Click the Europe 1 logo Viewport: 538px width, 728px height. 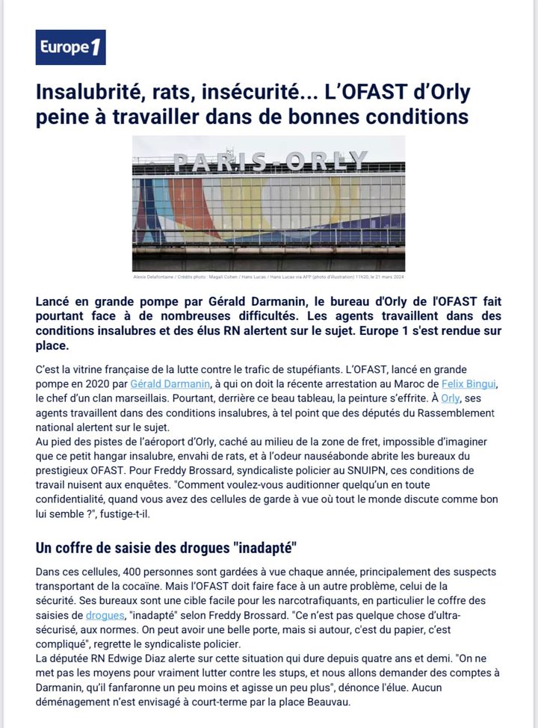[x=70, y=48]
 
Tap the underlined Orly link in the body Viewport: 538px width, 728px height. [x=451, y=398]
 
